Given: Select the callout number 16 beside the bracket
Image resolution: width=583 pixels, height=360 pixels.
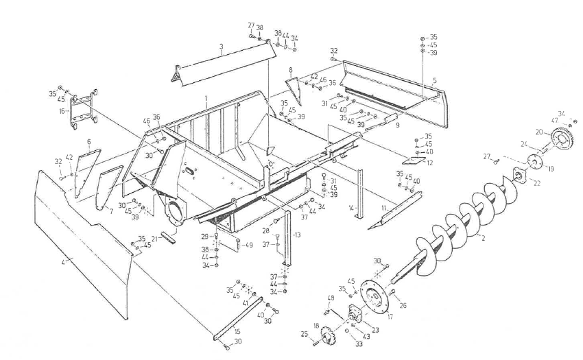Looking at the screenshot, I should tap(62, 110).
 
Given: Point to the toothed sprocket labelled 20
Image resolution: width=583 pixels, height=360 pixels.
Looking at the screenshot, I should tap(563, 140).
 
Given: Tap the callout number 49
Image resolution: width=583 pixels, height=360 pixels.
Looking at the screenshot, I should tap(249, 245).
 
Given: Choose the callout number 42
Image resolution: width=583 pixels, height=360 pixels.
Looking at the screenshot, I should tap(69, 158).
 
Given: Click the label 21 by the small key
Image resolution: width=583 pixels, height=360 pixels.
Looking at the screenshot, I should tap(154, 238).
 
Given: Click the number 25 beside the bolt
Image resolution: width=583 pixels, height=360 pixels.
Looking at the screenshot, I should tap(305, 335).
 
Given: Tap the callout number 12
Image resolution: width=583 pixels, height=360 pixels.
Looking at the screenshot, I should tap(429, 163).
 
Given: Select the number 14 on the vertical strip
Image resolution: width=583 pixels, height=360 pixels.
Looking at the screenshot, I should tap(349, 206).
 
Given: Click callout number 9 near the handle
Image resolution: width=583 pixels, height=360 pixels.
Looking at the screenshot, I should tap(397, 126).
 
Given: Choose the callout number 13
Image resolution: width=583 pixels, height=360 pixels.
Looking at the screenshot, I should tap(297, 235).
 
